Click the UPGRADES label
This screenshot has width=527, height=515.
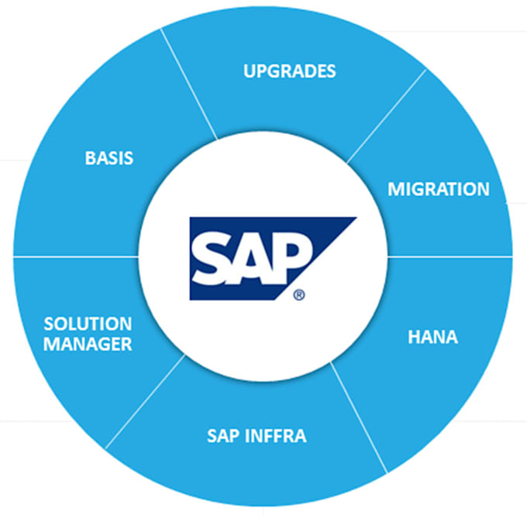point(289,71)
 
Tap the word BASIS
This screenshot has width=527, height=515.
point(109,157)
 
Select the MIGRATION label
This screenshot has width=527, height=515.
point(439,188)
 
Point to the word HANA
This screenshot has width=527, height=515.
point(432,337)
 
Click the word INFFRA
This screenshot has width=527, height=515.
point(276,436)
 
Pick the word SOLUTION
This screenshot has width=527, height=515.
point(88,323)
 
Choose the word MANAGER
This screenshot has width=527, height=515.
point(88,344)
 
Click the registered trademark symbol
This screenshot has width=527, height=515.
point(299,295)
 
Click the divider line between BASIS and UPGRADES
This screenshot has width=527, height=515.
point(189,84)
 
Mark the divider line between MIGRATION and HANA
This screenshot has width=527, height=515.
point(450,257)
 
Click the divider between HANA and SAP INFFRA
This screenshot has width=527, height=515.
point(359,417)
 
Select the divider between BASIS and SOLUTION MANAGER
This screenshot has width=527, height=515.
point(76,257)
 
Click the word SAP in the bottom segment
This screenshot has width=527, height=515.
point(223,436)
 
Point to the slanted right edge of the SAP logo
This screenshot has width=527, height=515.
point(317,259)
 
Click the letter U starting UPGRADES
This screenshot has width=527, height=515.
point(250,71)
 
